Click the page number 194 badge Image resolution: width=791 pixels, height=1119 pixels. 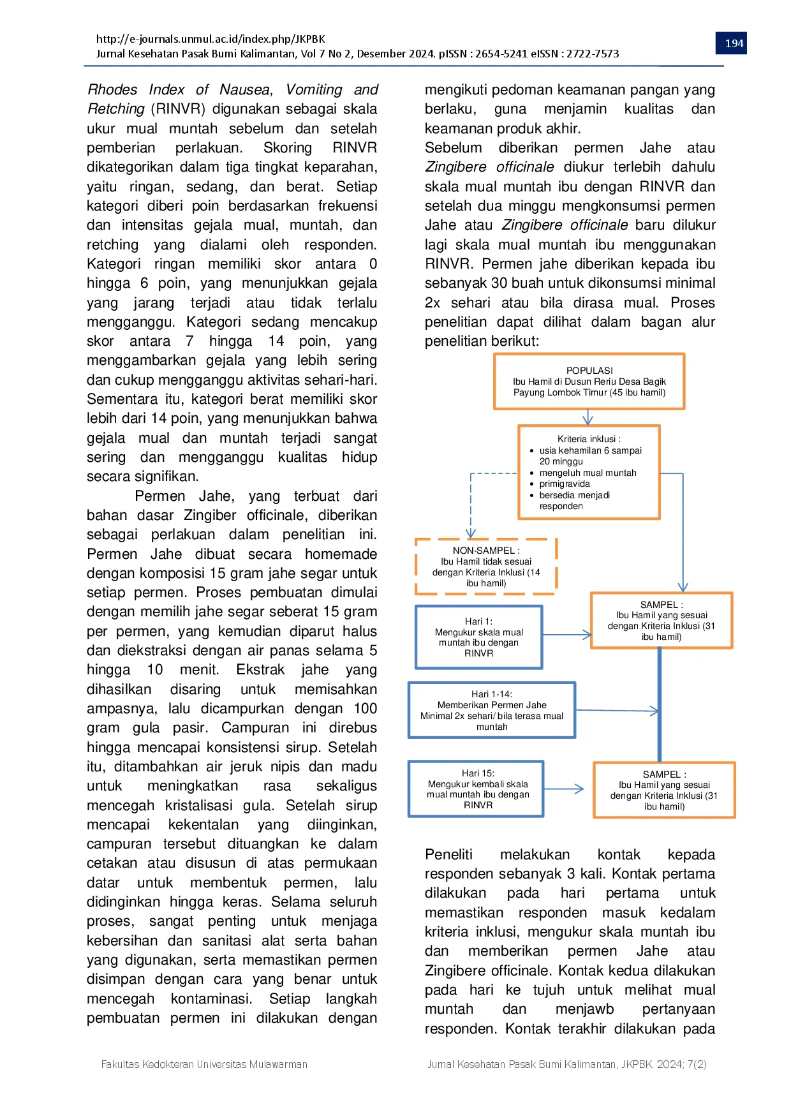coord(734,43)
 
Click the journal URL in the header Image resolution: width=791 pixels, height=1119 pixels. coord(211,38)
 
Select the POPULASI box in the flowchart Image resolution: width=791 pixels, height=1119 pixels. coord(589,382)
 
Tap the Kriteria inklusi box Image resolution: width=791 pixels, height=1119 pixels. coord(589,472)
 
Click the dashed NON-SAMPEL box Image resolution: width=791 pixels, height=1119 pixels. coord(486,567)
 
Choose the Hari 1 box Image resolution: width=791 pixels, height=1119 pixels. coord(478,637)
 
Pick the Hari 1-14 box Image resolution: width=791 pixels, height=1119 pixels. coord(492,710)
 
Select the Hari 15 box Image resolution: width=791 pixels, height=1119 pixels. coord(476,789)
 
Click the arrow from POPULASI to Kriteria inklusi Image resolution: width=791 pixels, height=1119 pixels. coord(588,417)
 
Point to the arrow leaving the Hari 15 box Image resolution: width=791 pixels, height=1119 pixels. coord(565,789)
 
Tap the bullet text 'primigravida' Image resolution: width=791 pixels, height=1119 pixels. coord(565,484)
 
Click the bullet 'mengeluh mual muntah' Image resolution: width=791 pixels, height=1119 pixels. coord(588,473)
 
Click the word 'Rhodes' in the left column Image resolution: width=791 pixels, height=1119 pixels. coord(112,89)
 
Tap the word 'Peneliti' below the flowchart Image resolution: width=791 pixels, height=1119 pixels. coord(448,854)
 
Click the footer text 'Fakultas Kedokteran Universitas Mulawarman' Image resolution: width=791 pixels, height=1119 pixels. coord(204,1064)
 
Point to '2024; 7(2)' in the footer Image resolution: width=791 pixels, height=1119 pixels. coord(682,1064)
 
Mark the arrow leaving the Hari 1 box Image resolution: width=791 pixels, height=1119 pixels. coord(567,635)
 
